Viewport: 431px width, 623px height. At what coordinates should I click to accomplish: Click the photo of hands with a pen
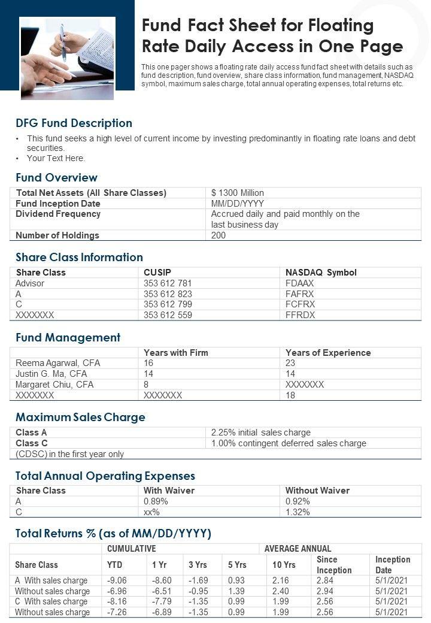pos(67,58)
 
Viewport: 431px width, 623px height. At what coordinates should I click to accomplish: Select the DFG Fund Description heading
pos(74,123)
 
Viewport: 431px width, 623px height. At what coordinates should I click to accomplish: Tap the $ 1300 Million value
pos(238,193)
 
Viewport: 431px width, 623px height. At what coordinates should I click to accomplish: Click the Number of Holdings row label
pos(57,235)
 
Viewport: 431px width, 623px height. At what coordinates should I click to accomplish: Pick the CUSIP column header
pos(157,273)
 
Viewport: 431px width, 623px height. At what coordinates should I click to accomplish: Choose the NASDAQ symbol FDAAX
pos(300,283)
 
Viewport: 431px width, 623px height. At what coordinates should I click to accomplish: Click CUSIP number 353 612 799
pos(168,304)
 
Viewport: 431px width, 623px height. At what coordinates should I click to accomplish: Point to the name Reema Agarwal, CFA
pos(57,363)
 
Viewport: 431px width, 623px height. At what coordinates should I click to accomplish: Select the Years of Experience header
pos(328,353)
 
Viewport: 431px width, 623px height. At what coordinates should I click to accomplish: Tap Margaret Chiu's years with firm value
pos(146,385)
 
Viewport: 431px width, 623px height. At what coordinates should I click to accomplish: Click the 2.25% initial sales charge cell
pos(261,433)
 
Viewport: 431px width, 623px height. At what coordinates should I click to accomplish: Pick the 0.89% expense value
pos(155,501)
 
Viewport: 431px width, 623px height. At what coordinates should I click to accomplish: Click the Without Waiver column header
pos(317,491)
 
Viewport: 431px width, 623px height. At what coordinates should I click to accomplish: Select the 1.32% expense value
pos(298,512)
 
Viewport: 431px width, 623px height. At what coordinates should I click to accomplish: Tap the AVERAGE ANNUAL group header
pos(298,549)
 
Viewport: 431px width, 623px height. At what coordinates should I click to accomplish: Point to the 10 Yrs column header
pos(284,565)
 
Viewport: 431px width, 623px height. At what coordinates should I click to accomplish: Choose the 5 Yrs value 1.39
pos(237,591)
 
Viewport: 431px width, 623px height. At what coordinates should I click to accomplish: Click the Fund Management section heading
pos(68,338)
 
